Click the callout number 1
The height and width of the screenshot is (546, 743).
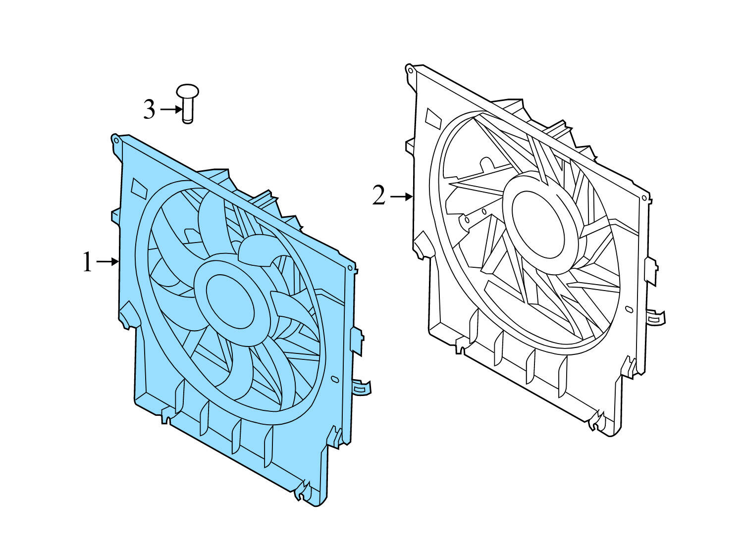[87, 262]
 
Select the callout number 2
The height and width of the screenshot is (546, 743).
[379, 197]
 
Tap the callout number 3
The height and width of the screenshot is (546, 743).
[149, 109]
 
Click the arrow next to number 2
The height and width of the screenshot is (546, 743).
[402, 197]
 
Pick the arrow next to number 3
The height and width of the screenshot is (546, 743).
[171, 109]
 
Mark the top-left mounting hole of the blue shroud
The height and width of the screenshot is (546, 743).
[116, 140]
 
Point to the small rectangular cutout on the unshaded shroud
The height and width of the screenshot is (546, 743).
[433, 117]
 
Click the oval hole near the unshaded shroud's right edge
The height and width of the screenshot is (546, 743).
[629, 309]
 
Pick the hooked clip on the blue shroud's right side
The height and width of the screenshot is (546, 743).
[363, 387]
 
